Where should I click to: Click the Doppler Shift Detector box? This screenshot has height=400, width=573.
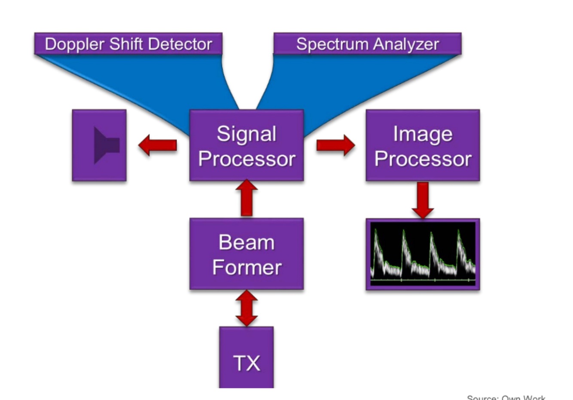[128, 44]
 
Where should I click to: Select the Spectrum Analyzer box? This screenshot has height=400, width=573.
[367, 44]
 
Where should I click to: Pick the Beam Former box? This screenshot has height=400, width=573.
[247, 254]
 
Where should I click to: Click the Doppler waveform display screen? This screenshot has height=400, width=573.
[423, 254]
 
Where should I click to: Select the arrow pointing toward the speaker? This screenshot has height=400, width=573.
[157, 145]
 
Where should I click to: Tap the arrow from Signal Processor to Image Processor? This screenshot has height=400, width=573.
[335, 145]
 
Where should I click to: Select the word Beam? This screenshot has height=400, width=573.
[247, 242]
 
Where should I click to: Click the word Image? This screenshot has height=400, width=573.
[423, 134]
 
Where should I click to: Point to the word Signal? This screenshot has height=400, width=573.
[247, 134]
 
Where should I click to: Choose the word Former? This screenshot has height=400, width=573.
[247, 267]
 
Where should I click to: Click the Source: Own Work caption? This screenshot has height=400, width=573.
[506, 397]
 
